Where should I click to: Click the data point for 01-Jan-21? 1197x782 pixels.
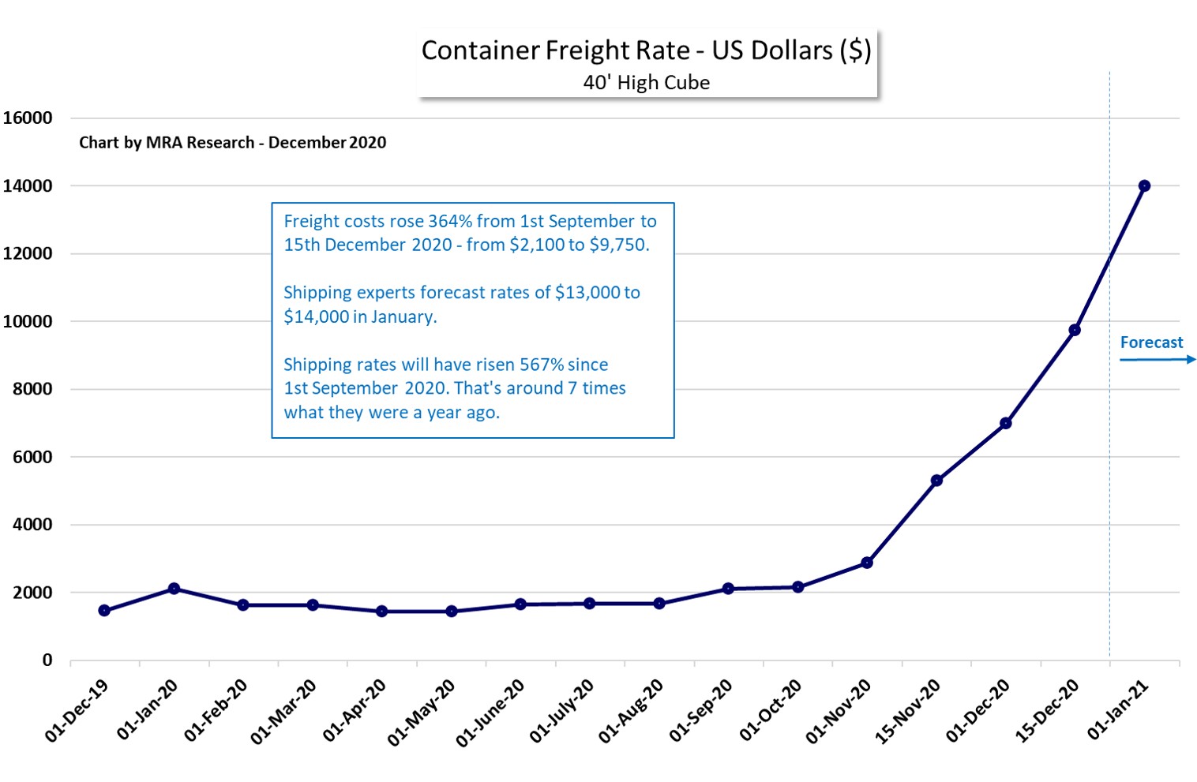pos(1144,186)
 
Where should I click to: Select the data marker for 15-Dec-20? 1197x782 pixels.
pos(1075,330)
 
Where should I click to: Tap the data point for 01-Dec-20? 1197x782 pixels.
pos(1005,423)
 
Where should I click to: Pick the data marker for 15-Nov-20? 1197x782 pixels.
pos(936,481)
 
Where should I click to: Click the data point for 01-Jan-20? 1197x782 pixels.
pos(174,589)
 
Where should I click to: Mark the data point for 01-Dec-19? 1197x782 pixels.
pos(104,610)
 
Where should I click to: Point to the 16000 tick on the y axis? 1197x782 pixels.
pos(28,118)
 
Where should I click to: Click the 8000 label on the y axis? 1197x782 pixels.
pos(32,389)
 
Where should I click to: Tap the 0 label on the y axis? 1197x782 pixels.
pos(47,660)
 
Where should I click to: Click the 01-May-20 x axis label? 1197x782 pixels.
pos(422,713)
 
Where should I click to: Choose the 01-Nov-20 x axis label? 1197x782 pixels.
pos(839,711)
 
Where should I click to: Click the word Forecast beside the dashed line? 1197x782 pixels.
pos(1151,342)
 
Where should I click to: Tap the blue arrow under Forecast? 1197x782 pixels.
pos(1158,360)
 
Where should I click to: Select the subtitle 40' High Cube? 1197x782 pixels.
pos(646,83)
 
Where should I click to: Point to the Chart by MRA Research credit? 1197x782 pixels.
pos(232,143)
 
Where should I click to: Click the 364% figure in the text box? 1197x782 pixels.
pos(449,221)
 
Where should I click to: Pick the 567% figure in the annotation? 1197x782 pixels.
pos(541,365)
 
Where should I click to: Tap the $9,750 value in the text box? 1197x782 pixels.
pos(619,245)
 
